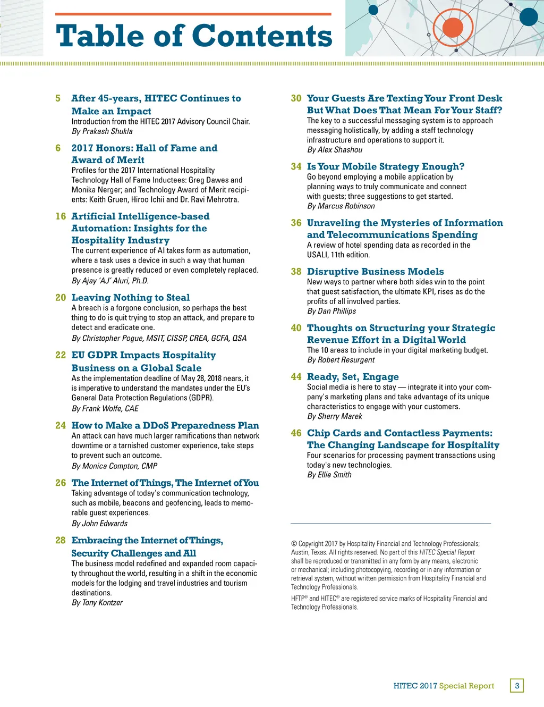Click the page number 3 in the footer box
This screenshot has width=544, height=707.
(x=517, y=686)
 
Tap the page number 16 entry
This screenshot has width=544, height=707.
(x=61, y=216)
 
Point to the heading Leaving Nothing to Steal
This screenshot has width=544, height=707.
(x=131, y=298)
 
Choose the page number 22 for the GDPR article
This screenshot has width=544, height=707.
(x=61, y=355)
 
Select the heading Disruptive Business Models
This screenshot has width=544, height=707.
(x=375, y=272)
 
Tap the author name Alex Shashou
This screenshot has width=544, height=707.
(x=340, y=150)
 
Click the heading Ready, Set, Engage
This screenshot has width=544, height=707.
(x=353, y=377)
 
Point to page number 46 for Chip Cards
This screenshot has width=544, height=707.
(x=296, y=433)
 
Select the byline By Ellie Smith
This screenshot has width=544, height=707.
(x=329, y=475)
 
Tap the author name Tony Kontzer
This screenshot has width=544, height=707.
(x=103, y=603)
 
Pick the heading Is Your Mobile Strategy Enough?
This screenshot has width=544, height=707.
(x=386, y=166)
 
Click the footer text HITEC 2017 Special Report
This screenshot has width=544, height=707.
(x=444, y=686)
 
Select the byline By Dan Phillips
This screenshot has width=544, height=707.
(x=331, y=311)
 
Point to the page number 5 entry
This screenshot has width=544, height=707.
(x=58, y=98)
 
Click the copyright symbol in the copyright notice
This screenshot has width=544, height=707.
(x=294, y=544)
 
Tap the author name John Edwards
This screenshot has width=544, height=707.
(x=105, y=524)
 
